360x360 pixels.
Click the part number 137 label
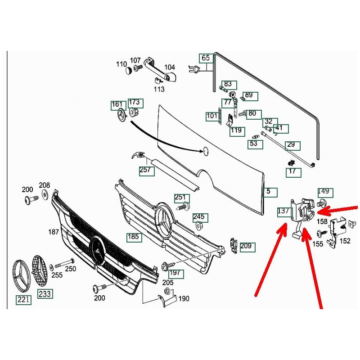(283, 211)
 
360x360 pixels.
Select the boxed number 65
(206, 58)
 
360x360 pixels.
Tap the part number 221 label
(24, 299)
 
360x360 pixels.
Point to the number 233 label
(45, 294)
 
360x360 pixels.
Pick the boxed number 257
(146, 171)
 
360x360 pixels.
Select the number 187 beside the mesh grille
(54, 232)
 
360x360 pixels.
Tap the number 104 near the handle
(169, 67)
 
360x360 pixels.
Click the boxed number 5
(269, 192)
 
